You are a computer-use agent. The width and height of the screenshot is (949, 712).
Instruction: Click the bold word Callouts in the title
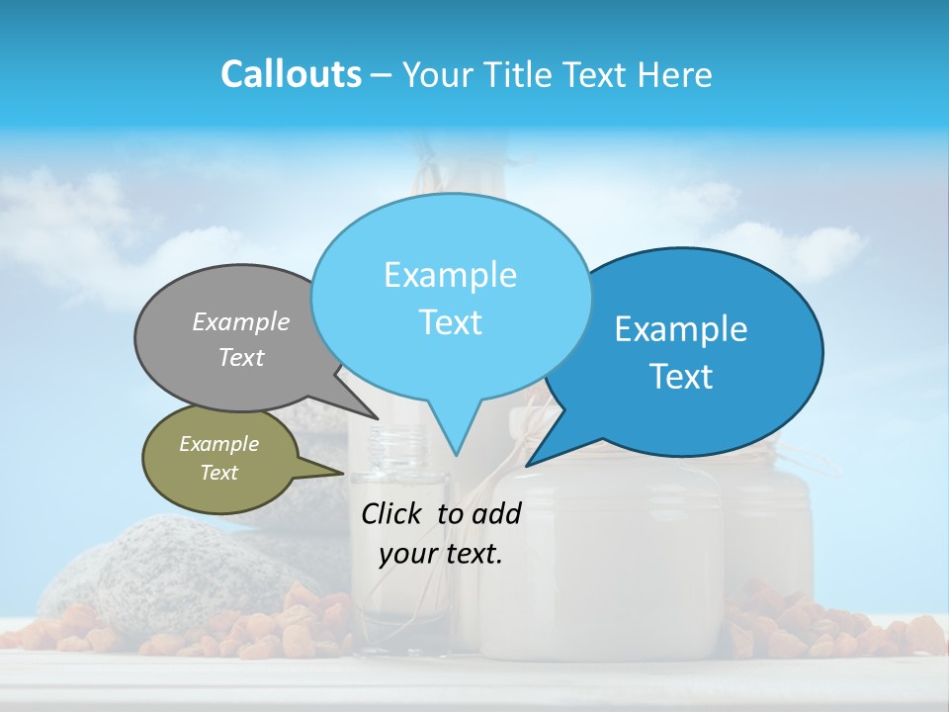(291, 74)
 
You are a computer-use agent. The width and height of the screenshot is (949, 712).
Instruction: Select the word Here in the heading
(677, 74)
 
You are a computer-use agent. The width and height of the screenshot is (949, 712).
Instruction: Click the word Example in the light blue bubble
(450, 275)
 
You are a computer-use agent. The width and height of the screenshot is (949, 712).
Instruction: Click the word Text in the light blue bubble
(450, 322)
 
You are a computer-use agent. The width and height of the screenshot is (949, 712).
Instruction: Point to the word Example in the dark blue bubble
(681, 329)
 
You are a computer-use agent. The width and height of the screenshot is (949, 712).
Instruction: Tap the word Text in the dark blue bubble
(681, 377)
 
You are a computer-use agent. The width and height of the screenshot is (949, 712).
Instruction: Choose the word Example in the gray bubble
(241, 321)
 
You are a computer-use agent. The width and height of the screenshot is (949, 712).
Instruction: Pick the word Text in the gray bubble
(241, 357)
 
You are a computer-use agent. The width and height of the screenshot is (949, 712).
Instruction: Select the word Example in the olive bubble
(218, 444)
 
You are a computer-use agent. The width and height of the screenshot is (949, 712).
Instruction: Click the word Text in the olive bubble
(218, 473)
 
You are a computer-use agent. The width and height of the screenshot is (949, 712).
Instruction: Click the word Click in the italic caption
(392, 513)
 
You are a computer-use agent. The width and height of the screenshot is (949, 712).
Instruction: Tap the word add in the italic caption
(496, 513)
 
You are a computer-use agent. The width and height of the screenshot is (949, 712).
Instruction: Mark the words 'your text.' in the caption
(441, 554)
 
